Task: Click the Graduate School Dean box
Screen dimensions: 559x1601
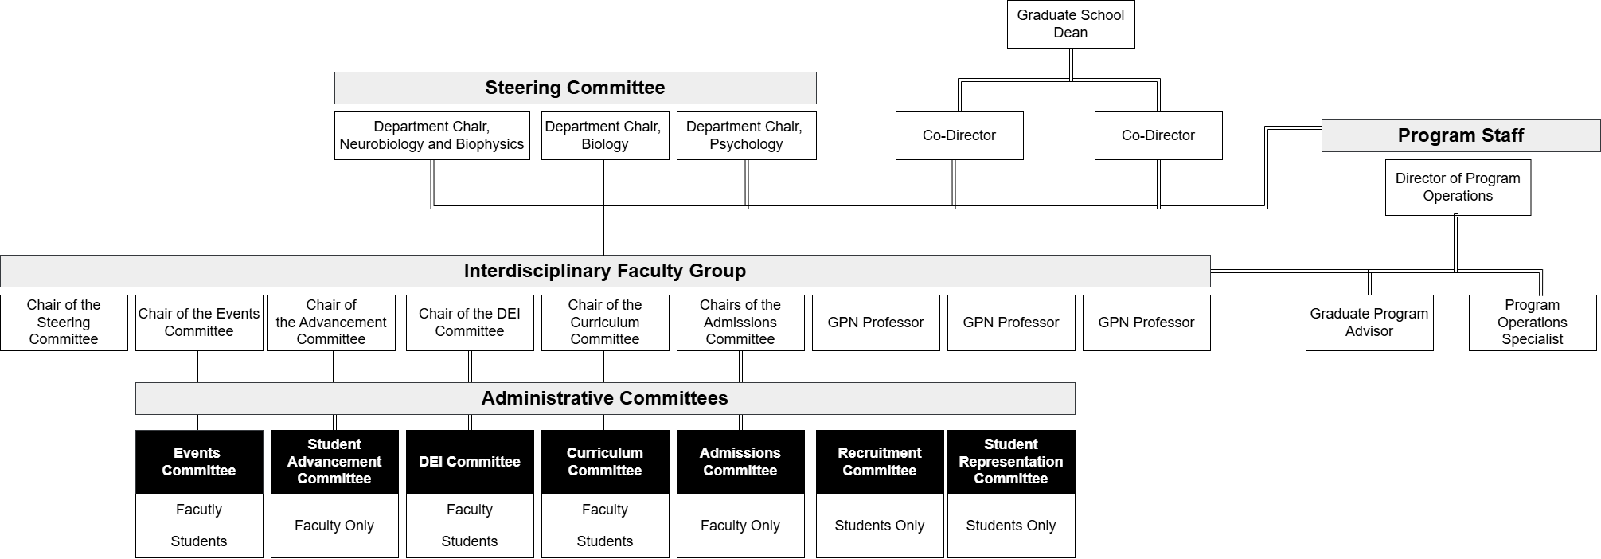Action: coord(1071,24)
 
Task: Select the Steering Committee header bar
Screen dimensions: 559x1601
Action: coord(575,88)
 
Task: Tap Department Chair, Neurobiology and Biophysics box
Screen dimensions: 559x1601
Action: coord(431,135)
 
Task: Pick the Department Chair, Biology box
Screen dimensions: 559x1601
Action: coord(605,135)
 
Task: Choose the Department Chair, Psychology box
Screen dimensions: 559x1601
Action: coord(746,135)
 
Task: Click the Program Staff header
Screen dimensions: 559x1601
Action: coord(1461,135)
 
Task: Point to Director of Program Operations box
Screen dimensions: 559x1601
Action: coord(1458,187)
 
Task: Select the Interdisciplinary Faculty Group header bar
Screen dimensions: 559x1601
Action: coord(605,271)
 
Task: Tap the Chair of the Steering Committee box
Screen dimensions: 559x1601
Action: coord(64,322)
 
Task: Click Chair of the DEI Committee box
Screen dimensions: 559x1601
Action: coord(470,322)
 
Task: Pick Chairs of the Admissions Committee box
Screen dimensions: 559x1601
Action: coord(740,322)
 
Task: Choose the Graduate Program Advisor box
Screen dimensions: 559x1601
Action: coord(1369,322)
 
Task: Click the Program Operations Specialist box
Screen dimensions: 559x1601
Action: coord(1533,322)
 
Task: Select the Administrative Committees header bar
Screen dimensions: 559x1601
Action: coord(605,398)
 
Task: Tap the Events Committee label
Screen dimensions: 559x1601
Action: coord(199,462)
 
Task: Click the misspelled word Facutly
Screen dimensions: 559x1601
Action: coord(199,510)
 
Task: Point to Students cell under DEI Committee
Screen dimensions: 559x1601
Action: coord(470,541)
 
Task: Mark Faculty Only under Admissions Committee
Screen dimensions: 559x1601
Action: coord(740,526)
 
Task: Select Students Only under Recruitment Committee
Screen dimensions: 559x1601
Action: coord(880,526)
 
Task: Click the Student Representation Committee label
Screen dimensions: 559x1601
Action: coord(1011,462)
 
